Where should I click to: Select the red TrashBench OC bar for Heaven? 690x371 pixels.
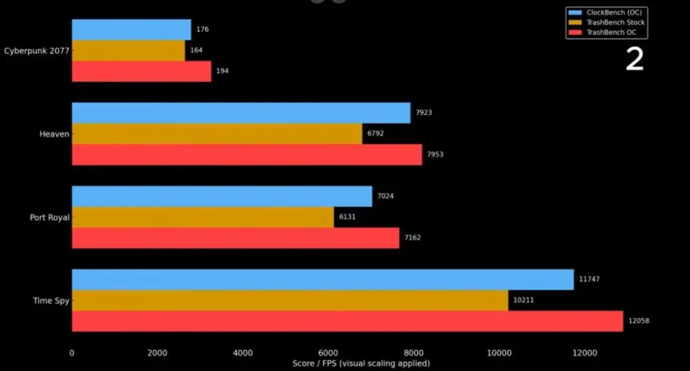(247, 154)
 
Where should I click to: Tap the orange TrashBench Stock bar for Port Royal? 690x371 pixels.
(202, 217)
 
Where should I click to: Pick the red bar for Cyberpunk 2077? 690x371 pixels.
(141, 71)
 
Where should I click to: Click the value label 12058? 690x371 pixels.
(639, 321)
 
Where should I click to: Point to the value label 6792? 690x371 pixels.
(376, 134)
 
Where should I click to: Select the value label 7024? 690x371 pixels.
(385, 197)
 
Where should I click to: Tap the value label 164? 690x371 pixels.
(196, 50)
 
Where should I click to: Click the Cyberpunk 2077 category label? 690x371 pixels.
(36, 50)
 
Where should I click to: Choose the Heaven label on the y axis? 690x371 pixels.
(55, 134)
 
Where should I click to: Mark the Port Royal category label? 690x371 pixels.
(49, 217)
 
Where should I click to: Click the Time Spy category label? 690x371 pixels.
(51, 300)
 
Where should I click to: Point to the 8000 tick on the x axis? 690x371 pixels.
(413, 352)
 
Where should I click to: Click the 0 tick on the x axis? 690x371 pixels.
(72, 352)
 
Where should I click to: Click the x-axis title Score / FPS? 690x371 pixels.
(360, 364)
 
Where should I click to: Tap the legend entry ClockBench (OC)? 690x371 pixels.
(606, 12)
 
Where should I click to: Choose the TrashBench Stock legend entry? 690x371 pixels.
(606, 22)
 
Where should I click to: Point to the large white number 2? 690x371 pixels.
(634, 60)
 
